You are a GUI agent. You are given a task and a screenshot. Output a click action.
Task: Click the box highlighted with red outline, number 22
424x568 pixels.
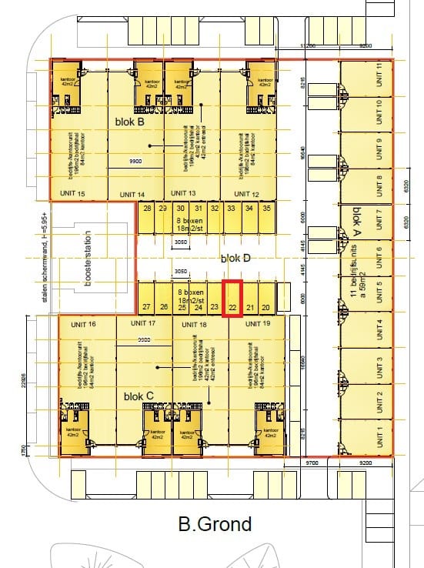[x=232, y=299]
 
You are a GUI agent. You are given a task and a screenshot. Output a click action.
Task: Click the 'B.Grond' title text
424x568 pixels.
[x=215, y=525]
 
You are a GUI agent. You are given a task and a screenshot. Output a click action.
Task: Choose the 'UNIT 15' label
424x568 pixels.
[x=71, y=193]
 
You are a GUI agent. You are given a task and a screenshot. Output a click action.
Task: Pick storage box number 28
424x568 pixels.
[x=147, y=209]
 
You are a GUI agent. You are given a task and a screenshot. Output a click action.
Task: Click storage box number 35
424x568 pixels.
[x=266, y=209]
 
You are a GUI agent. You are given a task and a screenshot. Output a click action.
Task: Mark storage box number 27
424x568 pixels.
[x=146, y=308]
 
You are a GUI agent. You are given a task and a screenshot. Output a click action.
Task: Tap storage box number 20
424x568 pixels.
[x=265, y=308]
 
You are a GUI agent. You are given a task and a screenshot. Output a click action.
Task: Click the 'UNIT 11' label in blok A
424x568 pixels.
[x=379, y=75]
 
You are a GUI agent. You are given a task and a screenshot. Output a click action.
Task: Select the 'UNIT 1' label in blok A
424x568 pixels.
[x=379, y=437]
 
